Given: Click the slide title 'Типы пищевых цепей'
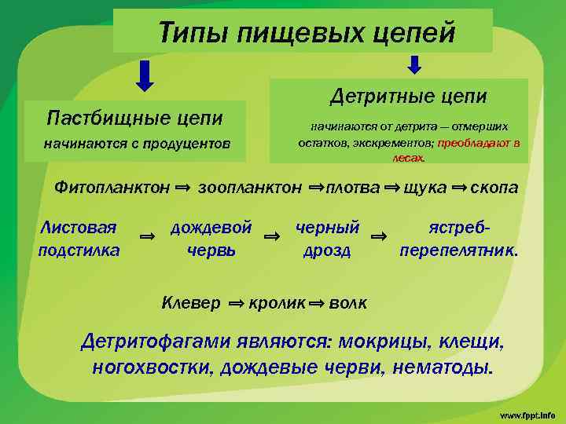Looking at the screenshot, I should coord(307,32).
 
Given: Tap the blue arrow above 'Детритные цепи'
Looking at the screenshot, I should coord(415,64).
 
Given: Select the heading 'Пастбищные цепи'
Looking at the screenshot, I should coord(134,119).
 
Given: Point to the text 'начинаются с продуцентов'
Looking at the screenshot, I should coord(137,144).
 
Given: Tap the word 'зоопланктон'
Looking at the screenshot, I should coord(250,188).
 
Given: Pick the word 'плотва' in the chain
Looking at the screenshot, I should coord(352,188).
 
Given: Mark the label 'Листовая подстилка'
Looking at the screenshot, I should coord(79,239).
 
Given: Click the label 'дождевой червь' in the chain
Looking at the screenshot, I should coord(211,239).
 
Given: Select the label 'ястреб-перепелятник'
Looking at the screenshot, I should coord(459,239).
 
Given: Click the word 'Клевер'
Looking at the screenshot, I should coord(190,302).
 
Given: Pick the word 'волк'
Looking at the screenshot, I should coord(347,302).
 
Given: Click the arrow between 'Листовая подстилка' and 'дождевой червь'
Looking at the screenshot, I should coord(146,236).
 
